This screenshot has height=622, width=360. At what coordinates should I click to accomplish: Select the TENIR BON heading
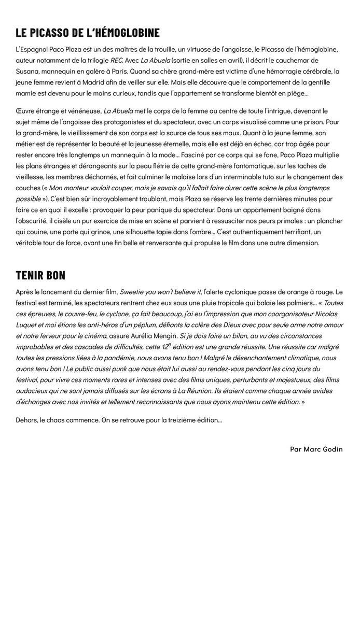click(x=40, y=275)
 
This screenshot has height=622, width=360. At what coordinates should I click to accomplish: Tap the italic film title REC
click(x=116, y=60)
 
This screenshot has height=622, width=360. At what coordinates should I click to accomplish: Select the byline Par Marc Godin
click(x=316, y=449)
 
